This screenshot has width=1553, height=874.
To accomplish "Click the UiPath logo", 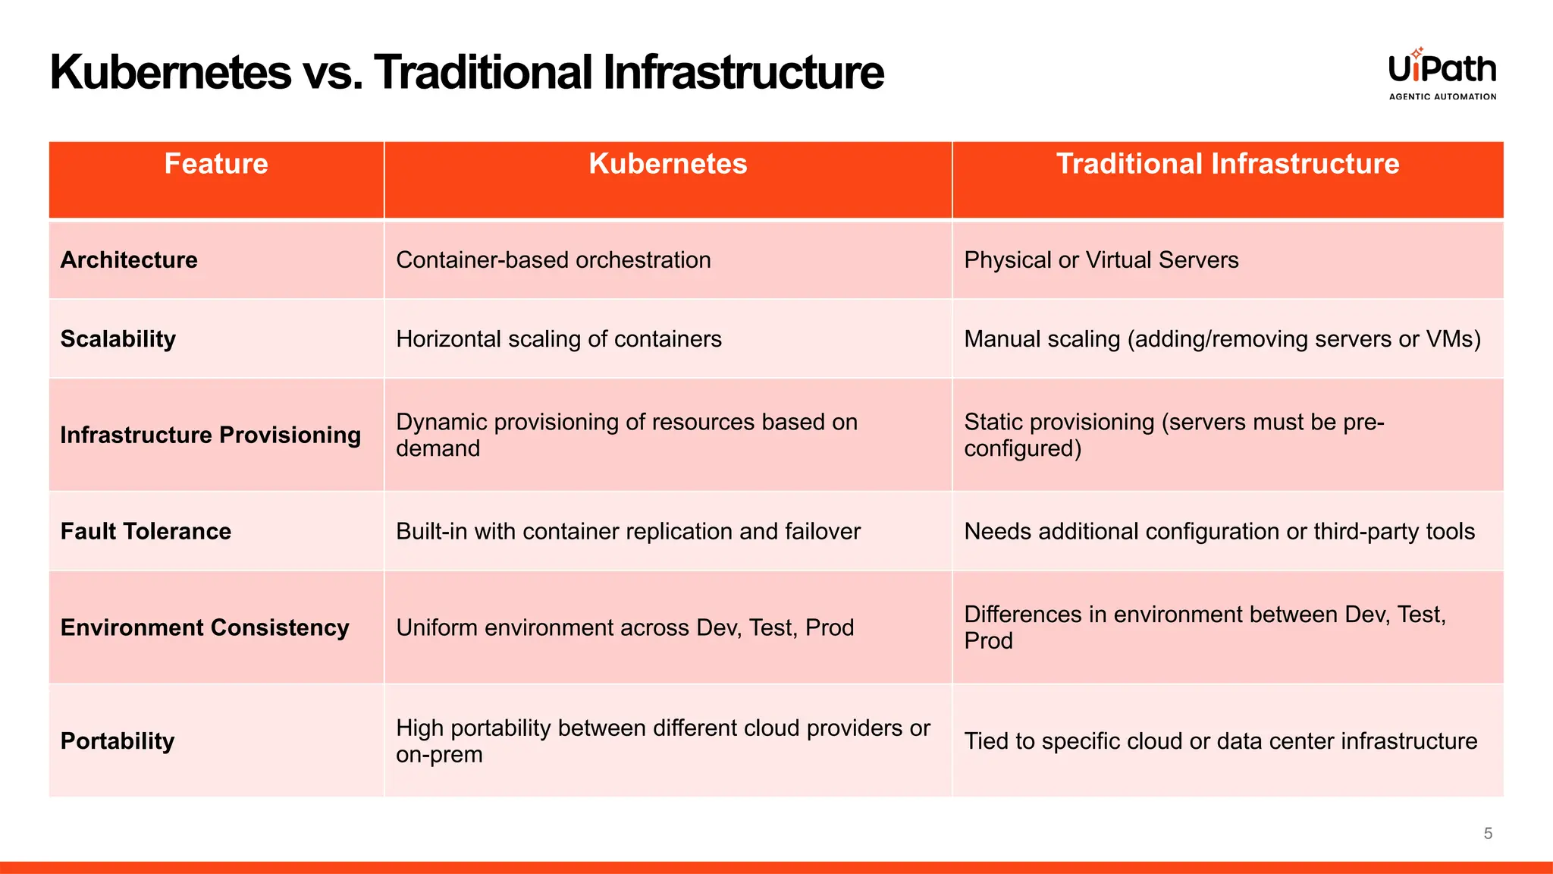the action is (1442, 68).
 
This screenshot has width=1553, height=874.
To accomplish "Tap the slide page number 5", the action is (1488, 833).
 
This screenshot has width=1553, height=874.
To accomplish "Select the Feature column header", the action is (216, 164).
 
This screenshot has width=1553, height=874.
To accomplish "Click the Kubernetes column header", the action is (667, 164).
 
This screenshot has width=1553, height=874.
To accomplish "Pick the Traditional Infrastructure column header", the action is (1227, 164).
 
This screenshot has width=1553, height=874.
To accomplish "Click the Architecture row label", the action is (129, 260).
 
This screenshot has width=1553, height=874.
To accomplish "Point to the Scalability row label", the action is (118, 339).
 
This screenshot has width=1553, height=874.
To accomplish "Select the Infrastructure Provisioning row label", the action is (210, 435).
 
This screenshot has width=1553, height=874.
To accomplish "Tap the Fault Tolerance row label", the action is (146, 531).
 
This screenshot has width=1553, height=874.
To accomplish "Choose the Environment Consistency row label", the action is (205, 627).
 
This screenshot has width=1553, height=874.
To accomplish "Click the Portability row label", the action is (118, 740).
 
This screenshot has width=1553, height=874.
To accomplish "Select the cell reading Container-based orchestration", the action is (553, 260).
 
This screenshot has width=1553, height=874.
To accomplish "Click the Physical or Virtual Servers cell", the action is (1100, 260).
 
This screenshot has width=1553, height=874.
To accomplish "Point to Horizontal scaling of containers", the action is (558, 339).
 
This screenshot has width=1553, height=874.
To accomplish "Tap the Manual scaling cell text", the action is (1222, 339).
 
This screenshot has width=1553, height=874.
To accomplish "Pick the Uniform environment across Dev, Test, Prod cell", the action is (624, 627).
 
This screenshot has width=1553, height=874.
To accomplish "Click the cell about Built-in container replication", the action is (628, 531).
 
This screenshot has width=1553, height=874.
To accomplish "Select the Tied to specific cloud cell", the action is (1220, 740).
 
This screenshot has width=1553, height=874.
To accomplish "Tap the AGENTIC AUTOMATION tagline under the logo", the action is (1442, 96).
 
